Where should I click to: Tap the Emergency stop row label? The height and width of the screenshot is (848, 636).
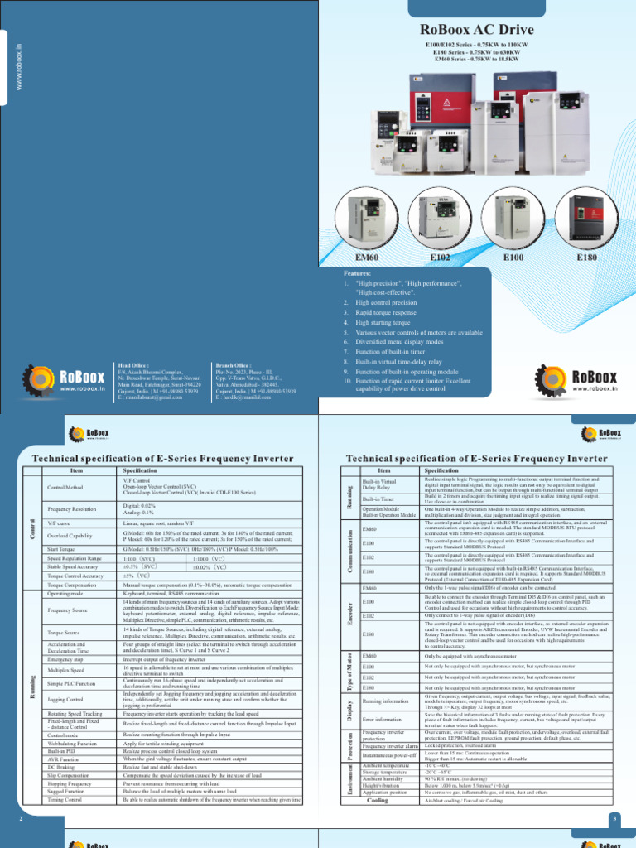[65, 659]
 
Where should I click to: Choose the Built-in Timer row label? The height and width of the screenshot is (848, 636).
[378, 499]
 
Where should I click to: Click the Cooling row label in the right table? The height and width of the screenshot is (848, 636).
[377, 801]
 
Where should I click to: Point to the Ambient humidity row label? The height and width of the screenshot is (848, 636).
[383, 780]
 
